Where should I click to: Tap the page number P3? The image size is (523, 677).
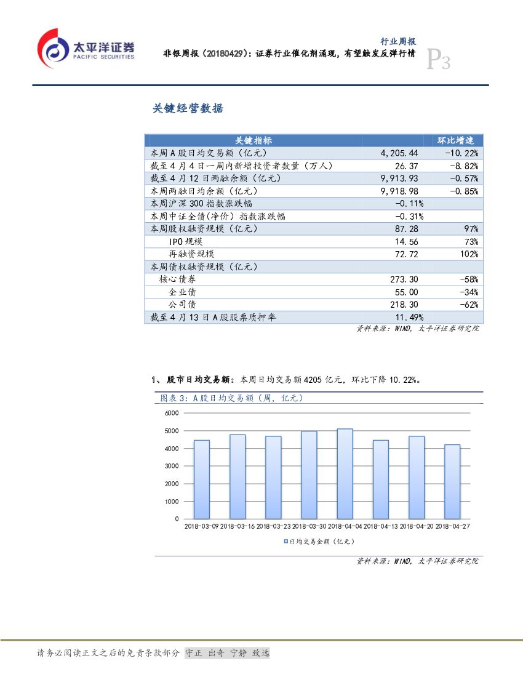[x=439, y=60]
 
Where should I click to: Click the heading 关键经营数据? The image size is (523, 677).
[x=188, y=109]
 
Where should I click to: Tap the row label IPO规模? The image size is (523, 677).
[x=185, y=242]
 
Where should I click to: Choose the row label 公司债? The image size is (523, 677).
[x=182, y=305]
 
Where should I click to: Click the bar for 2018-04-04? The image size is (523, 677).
[x=345, y=474]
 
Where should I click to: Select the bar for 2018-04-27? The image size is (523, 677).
[x=452, y=481]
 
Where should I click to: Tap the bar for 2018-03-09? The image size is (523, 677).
[x=201, y=479]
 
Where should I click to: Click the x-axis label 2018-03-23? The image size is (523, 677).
[x=273, y=527]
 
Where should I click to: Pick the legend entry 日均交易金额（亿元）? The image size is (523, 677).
[x=318, y=542]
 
